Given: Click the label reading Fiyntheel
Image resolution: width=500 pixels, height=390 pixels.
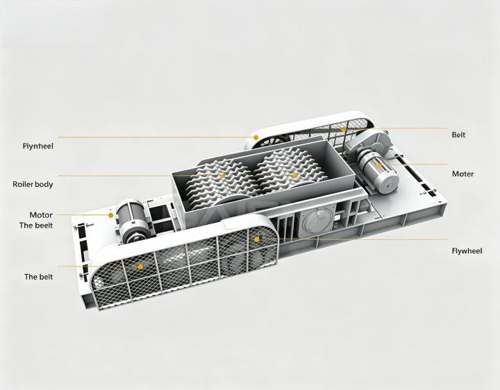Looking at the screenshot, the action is [38, 146].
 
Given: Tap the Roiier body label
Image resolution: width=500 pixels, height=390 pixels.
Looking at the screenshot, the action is [33, 184].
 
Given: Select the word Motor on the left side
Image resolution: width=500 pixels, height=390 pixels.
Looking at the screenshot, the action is [41, 214].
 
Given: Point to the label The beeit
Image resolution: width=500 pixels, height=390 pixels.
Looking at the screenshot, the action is [35, 226].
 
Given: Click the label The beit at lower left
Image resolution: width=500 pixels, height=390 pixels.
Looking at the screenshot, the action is [39, 277].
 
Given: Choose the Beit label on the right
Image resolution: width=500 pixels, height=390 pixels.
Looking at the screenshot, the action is [458, 135].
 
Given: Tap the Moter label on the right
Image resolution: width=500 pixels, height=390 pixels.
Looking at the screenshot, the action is [462, 174].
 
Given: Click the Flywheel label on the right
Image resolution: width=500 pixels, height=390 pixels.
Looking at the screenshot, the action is [467, 251].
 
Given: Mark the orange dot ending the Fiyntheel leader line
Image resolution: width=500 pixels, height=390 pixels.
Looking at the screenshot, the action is [256, 137].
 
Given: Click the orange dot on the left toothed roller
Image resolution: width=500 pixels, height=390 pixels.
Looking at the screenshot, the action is [223, 176].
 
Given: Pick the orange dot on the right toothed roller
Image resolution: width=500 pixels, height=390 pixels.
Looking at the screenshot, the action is [294, 176].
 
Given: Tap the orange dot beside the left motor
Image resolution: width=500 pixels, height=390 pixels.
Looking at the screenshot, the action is [110, 215].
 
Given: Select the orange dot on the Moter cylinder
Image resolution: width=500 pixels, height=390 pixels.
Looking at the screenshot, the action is [379, 165].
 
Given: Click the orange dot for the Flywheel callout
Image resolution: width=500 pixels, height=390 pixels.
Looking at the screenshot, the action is [257, 239].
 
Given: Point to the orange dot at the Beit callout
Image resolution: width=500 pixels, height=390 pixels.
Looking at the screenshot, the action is [344, 129].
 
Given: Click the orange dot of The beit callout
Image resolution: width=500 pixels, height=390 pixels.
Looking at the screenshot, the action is [140, 266].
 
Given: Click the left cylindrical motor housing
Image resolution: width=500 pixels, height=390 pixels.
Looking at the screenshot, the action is [133, 220].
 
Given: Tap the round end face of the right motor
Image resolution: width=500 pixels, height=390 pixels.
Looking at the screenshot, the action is [388, 185].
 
